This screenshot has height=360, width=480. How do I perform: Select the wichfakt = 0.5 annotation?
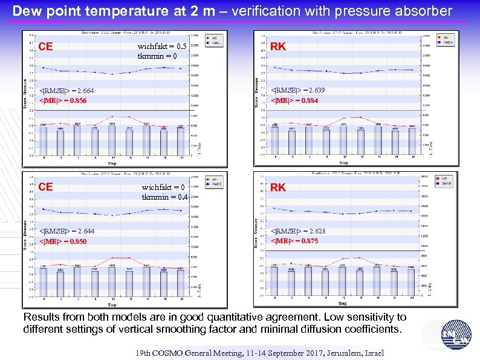[158, 47]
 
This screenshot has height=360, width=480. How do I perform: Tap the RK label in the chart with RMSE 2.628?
[278, 188]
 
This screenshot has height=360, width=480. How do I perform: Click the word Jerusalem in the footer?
[330, 353]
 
